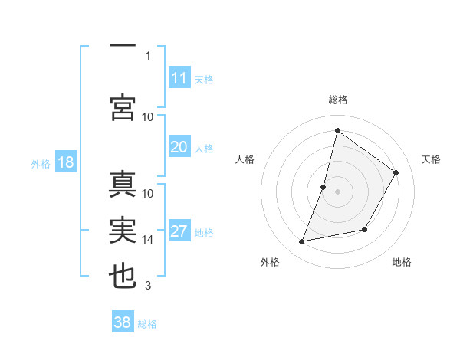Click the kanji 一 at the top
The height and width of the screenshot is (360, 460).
click(123, 47)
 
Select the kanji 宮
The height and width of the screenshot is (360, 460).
click(123, 107)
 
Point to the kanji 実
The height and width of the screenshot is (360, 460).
click(123, 231)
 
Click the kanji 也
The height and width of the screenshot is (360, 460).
click(123, 277)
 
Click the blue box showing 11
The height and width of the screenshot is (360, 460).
click(179, 78)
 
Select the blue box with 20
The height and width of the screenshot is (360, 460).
click(179, 147)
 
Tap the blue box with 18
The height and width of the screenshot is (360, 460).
click(65, 162)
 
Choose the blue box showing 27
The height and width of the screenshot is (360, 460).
click(179, 232)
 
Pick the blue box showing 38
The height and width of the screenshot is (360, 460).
click(123, 322)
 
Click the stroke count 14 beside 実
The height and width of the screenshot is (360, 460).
click(148, 240)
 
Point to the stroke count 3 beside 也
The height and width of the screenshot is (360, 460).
click(148, 286)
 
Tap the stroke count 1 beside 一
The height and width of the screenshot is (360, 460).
click(148, 56)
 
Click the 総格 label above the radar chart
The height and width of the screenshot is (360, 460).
click(337, 100)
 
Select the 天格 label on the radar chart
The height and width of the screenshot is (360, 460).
click(431, 159)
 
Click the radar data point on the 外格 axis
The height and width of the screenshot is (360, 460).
click(302, 242)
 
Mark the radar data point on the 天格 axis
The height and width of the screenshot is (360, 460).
click(396, 172)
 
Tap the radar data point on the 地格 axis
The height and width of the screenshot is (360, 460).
click(365, 229)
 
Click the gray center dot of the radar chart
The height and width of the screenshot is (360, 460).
click(337, 191)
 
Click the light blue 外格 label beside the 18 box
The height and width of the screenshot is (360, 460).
click(40, 163)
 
